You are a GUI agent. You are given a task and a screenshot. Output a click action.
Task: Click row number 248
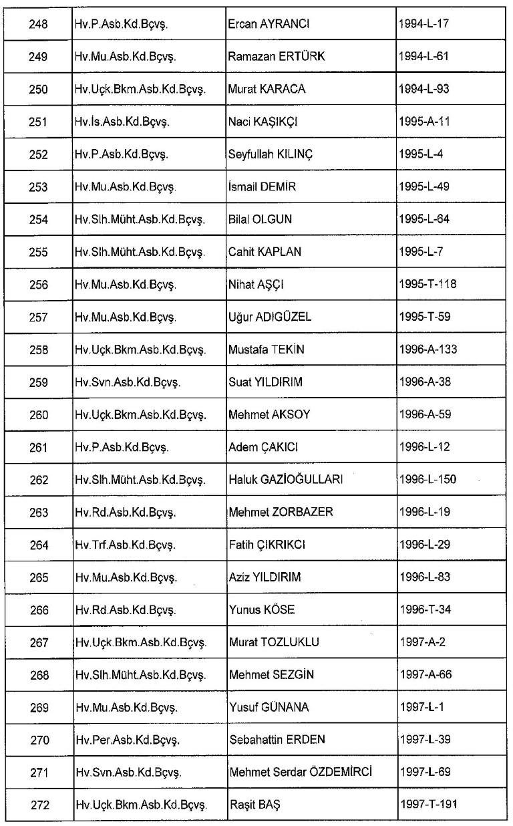pyautogui.click(x=39, y=24)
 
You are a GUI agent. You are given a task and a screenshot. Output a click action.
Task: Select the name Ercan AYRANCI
pyautogui.click(x=269, y=24)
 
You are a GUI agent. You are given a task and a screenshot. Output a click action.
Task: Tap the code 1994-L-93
pyautogui.click(x=424, y=89)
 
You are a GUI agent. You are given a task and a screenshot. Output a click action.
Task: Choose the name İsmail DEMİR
pyautogui.click(x=262, y=187)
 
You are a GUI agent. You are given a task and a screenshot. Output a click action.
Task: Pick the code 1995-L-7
pyautogui.click(x=421, y=252)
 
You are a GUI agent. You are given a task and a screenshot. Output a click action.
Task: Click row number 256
pyautogui.click(x=39, y=285)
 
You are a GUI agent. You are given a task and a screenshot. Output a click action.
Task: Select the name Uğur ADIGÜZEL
pyautogui.click(x=270, y=317)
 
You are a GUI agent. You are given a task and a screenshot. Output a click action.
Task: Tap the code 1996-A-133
pyautogui.click(x=427, y=350)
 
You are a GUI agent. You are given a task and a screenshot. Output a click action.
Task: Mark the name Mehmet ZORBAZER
pyautogui.click(x=281, y=513)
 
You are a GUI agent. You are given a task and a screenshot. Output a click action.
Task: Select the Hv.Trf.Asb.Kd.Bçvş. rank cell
pyautogui.click(x=124, y=545)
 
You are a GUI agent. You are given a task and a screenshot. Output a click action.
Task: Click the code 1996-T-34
pyautogui.click(x=424, y=610)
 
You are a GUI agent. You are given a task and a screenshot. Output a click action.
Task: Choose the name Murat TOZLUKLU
pyautogui.click(x=274, y=643)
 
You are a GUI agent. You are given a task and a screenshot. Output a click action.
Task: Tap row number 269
pyautogui.click(x=39, y=708)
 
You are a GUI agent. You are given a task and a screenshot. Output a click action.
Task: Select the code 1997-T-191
pyautogui.click(x=427, y=806)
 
